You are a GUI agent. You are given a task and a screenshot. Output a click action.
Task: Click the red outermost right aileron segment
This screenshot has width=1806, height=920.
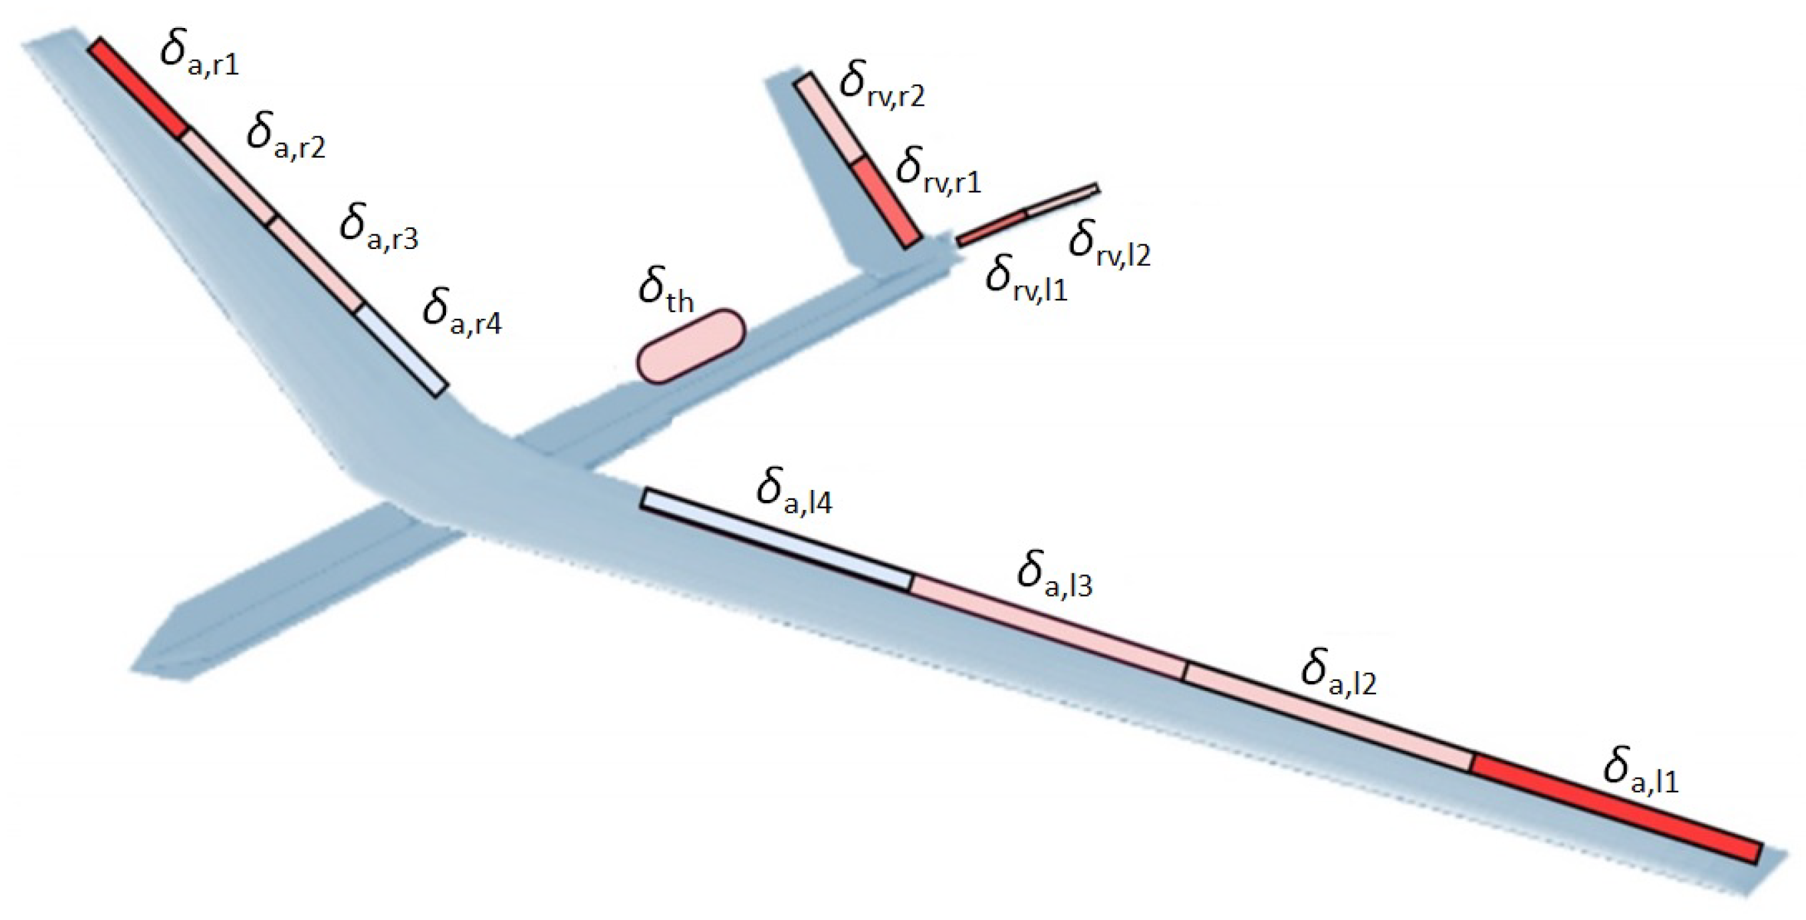tap(138, 88)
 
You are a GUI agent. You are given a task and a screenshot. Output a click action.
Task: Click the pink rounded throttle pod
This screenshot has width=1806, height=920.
tap(690, 346)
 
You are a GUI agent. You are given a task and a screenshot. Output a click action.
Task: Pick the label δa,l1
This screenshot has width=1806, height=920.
tap(1642, 771)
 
